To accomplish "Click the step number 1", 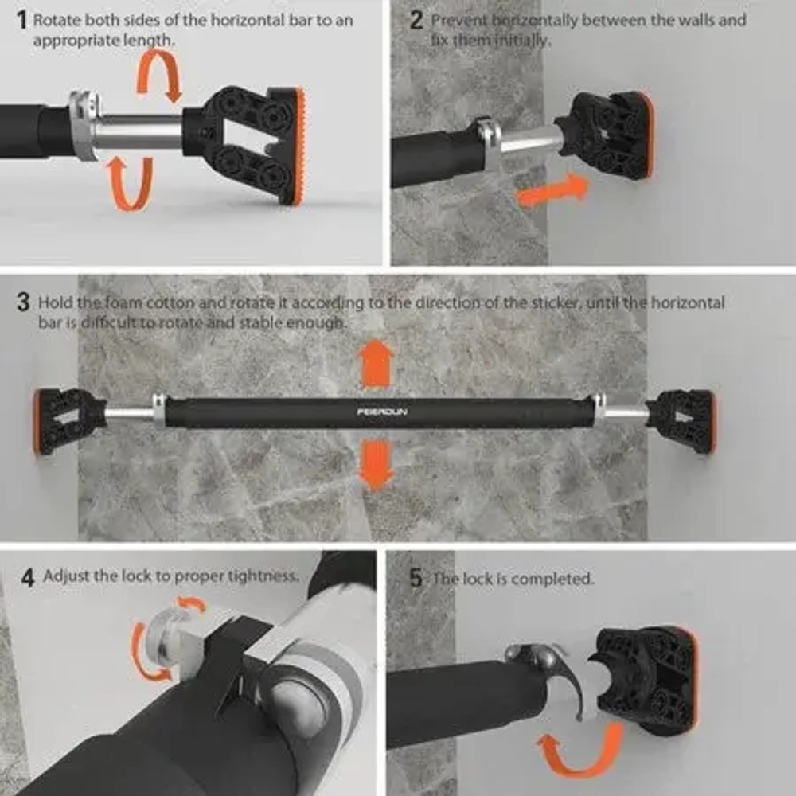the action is [x=21, y=21].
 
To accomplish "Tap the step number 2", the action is [x=416, y=21].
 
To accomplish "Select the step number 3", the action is [x=23, y=302].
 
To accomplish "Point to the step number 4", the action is [x=28, y=578].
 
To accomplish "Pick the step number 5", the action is [x=416, y=578].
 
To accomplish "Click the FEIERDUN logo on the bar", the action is [x=382, y=412].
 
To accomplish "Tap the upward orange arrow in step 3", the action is [x=376, y=365].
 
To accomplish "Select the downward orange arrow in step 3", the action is [x=376, y=465].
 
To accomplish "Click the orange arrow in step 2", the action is [x=552, y=190].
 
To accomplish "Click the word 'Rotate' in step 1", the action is [x=57, y=21].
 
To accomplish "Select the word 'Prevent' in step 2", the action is [x=459, y=21].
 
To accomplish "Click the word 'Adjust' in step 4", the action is [x=67, y=576].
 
